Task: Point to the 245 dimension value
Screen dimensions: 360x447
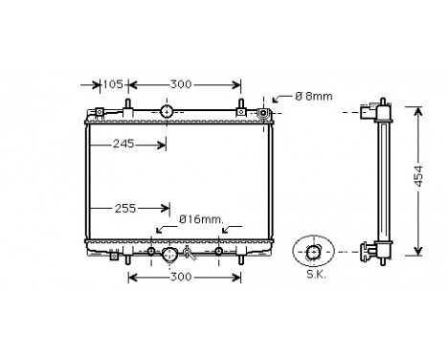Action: pyautogui.click(x=121, y=146)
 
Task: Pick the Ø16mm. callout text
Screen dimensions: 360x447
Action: pyautogui.click(x=201, y=219)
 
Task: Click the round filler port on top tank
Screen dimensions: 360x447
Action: pyautogui.click(x=167, y=113)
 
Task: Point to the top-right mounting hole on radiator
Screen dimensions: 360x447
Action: pyautogui.click(x=265, y=115)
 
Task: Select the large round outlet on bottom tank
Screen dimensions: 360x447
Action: pyautogui.click(x=169, y=255)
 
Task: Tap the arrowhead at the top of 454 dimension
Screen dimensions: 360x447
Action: pyautogui.click(x=417, y=112)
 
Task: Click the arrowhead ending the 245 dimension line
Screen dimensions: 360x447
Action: pyautogui.click(x=162, y=146)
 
